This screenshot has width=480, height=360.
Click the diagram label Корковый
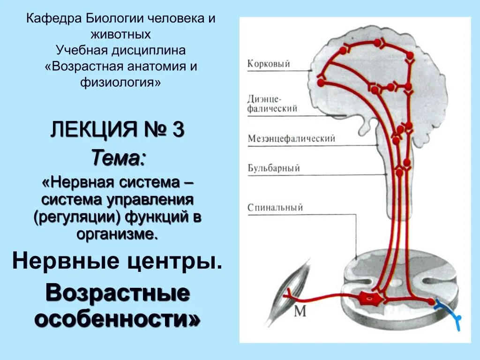(269, 64)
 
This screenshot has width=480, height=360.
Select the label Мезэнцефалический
(291, 139)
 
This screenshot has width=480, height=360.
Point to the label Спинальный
(275, 208)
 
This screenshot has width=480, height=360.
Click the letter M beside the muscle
(300, 311)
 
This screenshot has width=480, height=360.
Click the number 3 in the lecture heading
(178, 130)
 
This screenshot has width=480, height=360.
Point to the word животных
(121, 34)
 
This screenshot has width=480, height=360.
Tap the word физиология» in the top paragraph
(121, 82)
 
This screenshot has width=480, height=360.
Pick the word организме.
(118, 233)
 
